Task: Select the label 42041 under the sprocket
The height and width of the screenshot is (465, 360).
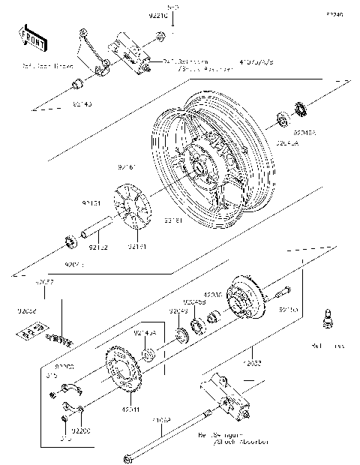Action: [130, 409]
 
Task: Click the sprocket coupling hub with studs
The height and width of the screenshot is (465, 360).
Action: [243, 301]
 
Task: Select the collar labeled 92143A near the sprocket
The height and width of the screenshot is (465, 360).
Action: [148, 353]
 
